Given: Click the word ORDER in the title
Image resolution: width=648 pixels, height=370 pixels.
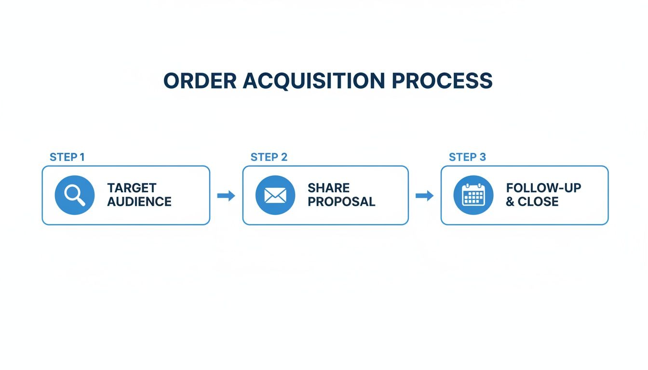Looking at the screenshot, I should click(200, 81).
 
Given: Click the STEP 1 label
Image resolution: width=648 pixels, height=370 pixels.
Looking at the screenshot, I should click(67, 157).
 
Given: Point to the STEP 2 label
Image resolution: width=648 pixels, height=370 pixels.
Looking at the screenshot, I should click(269, 157).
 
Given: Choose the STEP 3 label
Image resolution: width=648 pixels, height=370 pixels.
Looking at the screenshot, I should click(467, 157).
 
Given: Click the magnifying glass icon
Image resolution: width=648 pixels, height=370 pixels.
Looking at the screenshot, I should click(75, 195).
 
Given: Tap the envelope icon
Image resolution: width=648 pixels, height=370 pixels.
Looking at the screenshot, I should click(275, 195).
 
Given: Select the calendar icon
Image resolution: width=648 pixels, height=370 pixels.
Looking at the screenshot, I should click(473, 195).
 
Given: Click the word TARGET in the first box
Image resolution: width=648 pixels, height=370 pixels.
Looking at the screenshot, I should click(132, 188).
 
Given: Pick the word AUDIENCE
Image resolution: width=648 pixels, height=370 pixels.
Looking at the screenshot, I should click(139, 201).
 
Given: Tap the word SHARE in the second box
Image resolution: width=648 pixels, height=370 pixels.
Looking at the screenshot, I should click(328, 188).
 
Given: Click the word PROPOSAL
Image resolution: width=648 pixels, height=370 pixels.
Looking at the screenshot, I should click(341, 201).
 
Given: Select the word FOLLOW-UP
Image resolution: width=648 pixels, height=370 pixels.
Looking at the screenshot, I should click(543, 188).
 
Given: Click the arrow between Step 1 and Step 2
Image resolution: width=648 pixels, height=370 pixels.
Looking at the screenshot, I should click(226, 195).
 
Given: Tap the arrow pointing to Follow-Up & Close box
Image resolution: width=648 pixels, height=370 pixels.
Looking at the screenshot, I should click(424, 195).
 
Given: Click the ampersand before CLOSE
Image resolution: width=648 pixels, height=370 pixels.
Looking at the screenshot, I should click(510, 201).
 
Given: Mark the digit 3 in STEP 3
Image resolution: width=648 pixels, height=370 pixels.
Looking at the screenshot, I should click(483, 157).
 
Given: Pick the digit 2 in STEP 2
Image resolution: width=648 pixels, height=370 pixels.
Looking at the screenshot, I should click(284, 157).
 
